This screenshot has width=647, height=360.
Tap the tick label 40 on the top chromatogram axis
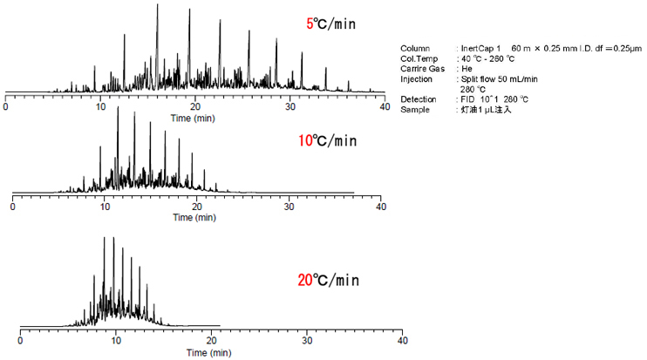384,105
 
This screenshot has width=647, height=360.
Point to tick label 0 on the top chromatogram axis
6,105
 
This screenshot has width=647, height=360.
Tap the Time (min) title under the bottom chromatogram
208,353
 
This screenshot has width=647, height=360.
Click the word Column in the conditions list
414,47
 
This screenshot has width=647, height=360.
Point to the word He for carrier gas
466,68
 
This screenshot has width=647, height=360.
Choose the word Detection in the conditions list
419,99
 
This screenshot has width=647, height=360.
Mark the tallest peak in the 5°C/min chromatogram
157,5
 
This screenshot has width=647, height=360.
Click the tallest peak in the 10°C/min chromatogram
118,108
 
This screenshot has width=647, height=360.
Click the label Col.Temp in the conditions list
419,58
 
